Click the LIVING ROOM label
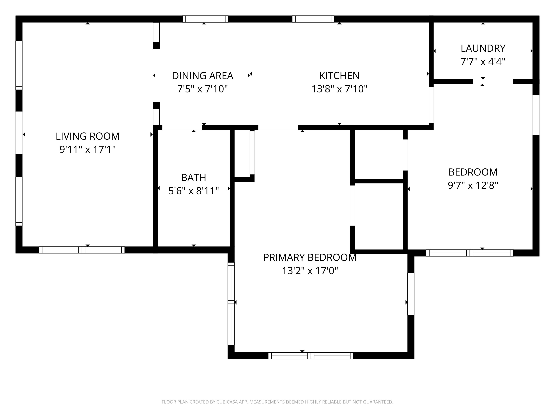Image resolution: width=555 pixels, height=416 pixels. coord(87,136)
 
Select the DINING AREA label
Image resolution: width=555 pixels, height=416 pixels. coord(202,76)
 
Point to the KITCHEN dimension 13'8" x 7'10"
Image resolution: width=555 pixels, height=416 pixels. coord(339,89)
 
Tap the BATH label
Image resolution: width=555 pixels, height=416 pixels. coord(194,177)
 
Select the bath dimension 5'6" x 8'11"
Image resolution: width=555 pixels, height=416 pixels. coord(194,191)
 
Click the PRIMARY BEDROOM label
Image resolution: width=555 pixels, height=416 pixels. coord(310,258)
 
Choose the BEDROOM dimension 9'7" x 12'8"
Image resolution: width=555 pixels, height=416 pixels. coord(473,186)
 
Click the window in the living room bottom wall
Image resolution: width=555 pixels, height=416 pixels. coord(82,250)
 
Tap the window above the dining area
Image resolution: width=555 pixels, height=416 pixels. coord(205,19)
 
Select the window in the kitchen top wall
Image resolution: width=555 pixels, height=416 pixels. coord(313,19)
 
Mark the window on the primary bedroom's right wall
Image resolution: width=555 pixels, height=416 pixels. coord(411,294)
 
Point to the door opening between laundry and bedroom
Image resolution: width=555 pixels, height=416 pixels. coord(493,82)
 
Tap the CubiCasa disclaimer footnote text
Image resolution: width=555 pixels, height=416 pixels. coord(277,402)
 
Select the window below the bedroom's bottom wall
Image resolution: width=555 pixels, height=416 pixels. coord(470,253)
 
